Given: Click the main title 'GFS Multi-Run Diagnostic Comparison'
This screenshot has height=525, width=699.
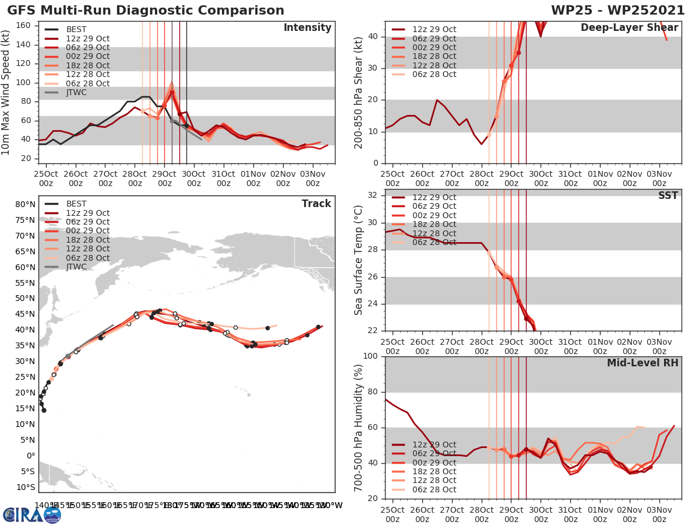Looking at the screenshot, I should (x=146, y=10).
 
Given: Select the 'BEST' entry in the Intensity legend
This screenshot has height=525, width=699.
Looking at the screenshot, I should (x=77, y=29).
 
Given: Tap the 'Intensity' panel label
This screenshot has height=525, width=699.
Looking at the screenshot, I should (x=307, y=28).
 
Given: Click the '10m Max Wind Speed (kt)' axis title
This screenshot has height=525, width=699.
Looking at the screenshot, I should (x=7, y=90).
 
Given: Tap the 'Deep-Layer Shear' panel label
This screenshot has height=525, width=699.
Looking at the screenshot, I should (x=629, y=28).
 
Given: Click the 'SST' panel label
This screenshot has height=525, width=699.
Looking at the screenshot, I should (x=668, y=195).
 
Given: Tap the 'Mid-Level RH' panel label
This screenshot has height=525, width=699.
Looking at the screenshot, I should (x=642, y=363).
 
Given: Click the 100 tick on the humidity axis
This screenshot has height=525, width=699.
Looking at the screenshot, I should (x=370, y=356).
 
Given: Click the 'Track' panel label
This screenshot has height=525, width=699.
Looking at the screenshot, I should (x=316, y=204).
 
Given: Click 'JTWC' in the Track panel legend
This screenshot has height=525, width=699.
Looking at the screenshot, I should (x=77, y=267).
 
